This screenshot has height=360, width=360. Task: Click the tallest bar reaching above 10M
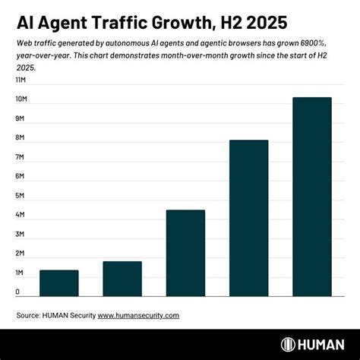[x=311, y=197]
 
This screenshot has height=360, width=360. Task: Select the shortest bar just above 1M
[x=58, y=283]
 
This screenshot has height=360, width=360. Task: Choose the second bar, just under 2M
[x=122, y=279]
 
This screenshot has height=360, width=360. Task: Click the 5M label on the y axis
[x=21, y=195]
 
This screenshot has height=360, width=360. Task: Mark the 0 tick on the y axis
[x=17, y=292]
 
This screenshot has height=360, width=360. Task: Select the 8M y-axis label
[x=21, y=137]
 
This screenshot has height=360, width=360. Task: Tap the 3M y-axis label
[x=21, y=234]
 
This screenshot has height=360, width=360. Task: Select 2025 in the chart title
[x=270, y=21]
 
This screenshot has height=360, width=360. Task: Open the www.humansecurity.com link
[x=138, y=314]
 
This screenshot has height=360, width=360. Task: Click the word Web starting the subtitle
[x=24, y=45]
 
